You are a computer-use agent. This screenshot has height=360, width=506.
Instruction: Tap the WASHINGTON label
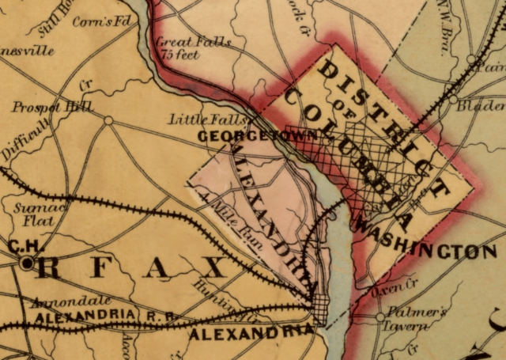pyautogui.click(x=429, y=252)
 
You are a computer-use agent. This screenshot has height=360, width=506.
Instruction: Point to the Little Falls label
pyautogui.click(x=197, y=119)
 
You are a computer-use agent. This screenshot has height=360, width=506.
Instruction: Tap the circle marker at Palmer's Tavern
pyautogui.click(x=380, y=316)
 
